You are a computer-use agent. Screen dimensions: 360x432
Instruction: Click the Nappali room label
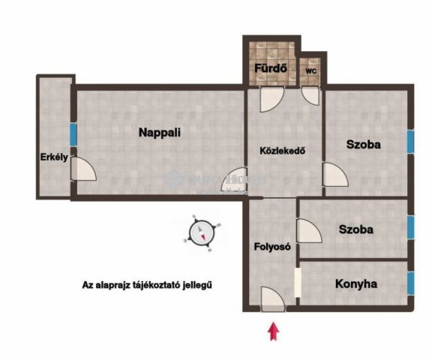pyautogui.click(x=160, y=132)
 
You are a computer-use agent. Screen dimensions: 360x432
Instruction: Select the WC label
pyautogui.click(x=310, y=71)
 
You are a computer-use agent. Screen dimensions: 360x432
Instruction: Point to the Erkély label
pyautogui.click(x=55, y=157)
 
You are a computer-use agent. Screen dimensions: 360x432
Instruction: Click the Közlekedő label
pyautogui.click(x=281, y=149)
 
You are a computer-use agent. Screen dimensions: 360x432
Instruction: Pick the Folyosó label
pyautogui.click(x=272, y=246)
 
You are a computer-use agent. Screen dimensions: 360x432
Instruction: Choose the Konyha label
pyautogui.click(x=356, y=284)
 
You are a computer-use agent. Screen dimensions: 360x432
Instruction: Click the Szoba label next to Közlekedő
pyautogui.click(x=364, y=144)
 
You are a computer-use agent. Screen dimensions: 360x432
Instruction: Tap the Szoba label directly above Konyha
pyautogui.click(x=355, y=229)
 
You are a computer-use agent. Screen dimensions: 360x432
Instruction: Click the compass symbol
pyautogui.click(x=202, y=232)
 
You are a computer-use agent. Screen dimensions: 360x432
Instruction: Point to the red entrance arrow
pyautogui.click(x=274, y=331)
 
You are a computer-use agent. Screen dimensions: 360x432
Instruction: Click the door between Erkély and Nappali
pyautogui.click(x=82, y=170)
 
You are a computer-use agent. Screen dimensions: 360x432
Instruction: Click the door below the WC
pyautogui.click(x=310, y=95)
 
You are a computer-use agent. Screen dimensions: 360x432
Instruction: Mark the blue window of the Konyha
pyautogui.click(x=411, y=283)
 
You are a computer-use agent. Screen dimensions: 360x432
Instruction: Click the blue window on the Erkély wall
pyautogui.click(x=73, y=134)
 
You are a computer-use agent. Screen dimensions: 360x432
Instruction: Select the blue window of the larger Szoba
pyautogui.click(x=411, y=140)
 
